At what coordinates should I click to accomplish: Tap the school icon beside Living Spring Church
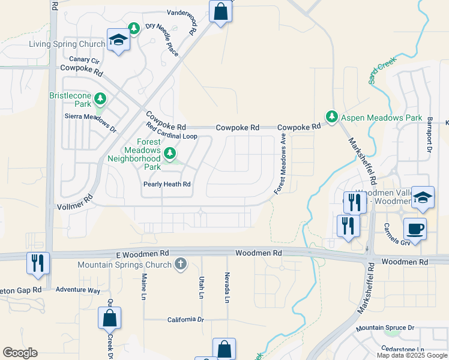point(118,40)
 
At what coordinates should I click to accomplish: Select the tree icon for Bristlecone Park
point(100,98)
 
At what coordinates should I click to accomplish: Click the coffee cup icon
point(415,228)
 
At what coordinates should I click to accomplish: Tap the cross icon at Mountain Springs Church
point(180,264)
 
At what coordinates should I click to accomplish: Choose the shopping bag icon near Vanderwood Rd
point(220,11)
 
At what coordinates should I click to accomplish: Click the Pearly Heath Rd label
point(166,184)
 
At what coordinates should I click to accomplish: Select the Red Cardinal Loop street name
point(172,131)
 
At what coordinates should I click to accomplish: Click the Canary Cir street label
point(85,59)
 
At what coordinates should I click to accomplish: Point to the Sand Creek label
point(380,70)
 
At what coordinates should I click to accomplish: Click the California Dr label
point(185,320)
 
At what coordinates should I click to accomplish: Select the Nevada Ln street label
point(228,289)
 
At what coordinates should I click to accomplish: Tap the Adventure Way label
point(78,289)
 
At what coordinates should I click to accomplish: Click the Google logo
point(20,353)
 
